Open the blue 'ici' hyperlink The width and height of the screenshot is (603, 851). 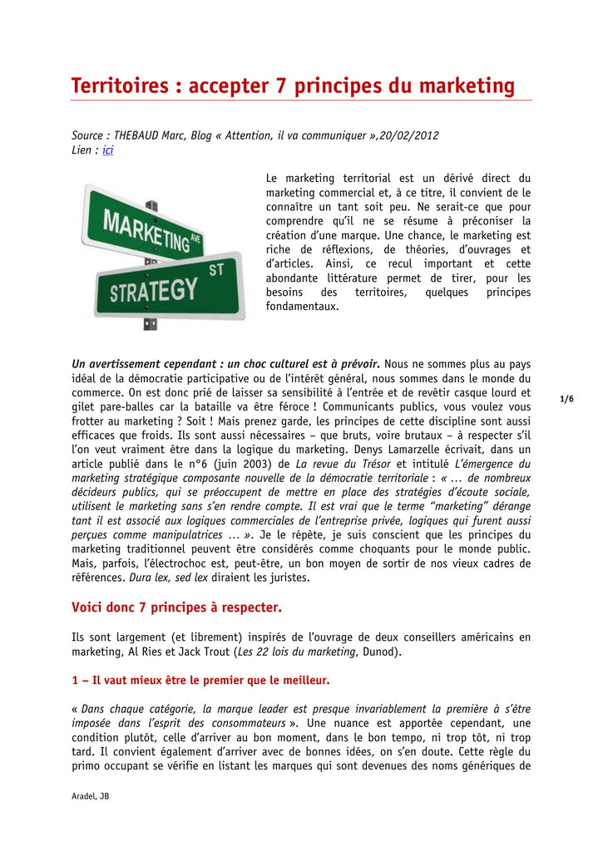107,150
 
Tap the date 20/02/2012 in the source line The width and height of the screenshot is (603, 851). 408,135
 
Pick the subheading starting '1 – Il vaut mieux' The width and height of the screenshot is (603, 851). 200,681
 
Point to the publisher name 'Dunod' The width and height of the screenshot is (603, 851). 381,652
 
